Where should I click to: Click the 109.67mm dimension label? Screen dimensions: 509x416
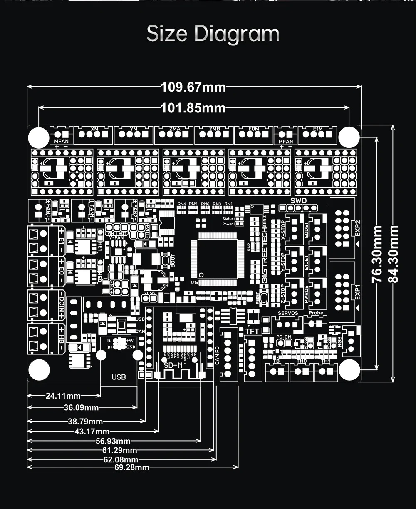point(193,87)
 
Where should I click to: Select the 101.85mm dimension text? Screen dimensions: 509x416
point(193,108)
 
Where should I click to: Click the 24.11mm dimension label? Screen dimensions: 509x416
point(63,395)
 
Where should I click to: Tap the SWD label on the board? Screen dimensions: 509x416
point(298,201)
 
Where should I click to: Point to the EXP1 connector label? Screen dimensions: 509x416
point(357,292)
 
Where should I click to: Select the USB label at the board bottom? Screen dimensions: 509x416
point(119,377)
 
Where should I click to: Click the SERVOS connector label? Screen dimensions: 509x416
point(287,313)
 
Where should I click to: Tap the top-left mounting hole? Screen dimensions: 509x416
point(39,136)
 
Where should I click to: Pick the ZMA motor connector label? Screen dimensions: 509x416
point(175,129)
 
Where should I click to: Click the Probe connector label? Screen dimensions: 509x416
point(316,313)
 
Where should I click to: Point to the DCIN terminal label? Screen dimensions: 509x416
point(61,304)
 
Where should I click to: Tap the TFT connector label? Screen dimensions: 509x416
point(252,331)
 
